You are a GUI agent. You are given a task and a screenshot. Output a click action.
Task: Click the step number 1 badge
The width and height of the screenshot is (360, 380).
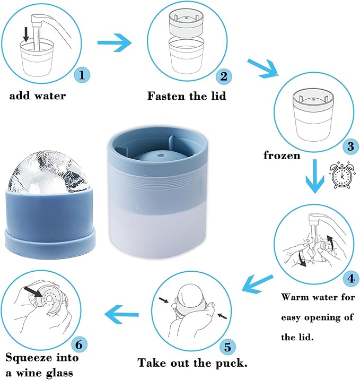click(82, 75)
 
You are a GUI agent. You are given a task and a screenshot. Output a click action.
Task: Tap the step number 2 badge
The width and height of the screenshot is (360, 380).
click(224, 76)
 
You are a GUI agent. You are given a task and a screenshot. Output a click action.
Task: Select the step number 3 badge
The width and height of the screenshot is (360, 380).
click(351, 146)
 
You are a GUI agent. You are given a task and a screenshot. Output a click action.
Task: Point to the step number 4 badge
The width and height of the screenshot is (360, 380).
click(351, 279)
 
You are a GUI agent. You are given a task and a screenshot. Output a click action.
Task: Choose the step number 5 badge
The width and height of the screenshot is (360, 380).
click(227, 347)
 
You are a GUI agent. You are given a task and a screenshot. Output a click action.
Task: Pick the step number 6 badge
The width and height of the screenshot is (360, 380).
click(79, 344)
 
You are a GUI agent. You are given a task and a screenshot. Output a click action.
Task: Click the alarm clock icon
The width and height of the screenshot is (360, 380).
click(343, 175)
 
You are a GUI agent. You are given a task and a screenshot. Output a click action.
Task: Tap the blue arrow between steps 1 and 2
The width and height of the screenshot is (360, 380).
click(115, 42)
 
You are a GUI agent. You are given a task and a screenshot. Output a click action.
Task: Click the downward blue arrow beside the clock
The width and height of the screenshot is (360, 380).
click(315, 176)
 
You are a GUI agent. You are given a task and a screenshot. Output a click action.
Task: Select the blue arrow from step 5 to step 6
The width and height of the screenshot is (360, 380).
click(121, 315)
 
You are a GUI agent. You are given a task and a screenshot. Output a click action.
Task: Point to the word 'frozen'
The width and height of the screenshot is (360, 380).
click(282, 156)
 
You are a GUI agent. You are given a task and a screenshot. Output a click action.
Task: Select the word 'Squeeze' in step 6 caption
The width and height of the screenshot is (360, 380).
click(29, 358)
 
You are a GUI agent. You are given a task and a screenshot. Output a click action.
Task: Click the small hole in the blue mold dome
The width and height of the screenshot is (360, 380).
click(160, 155)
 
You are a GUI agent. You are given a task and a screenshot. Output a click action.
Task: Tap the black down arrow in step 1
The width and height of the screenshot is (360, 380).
click(26, 34)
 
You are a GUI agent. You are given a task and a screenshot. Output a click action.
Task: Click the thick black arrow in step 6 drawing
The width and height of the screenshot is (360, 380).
click(33, 292)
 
